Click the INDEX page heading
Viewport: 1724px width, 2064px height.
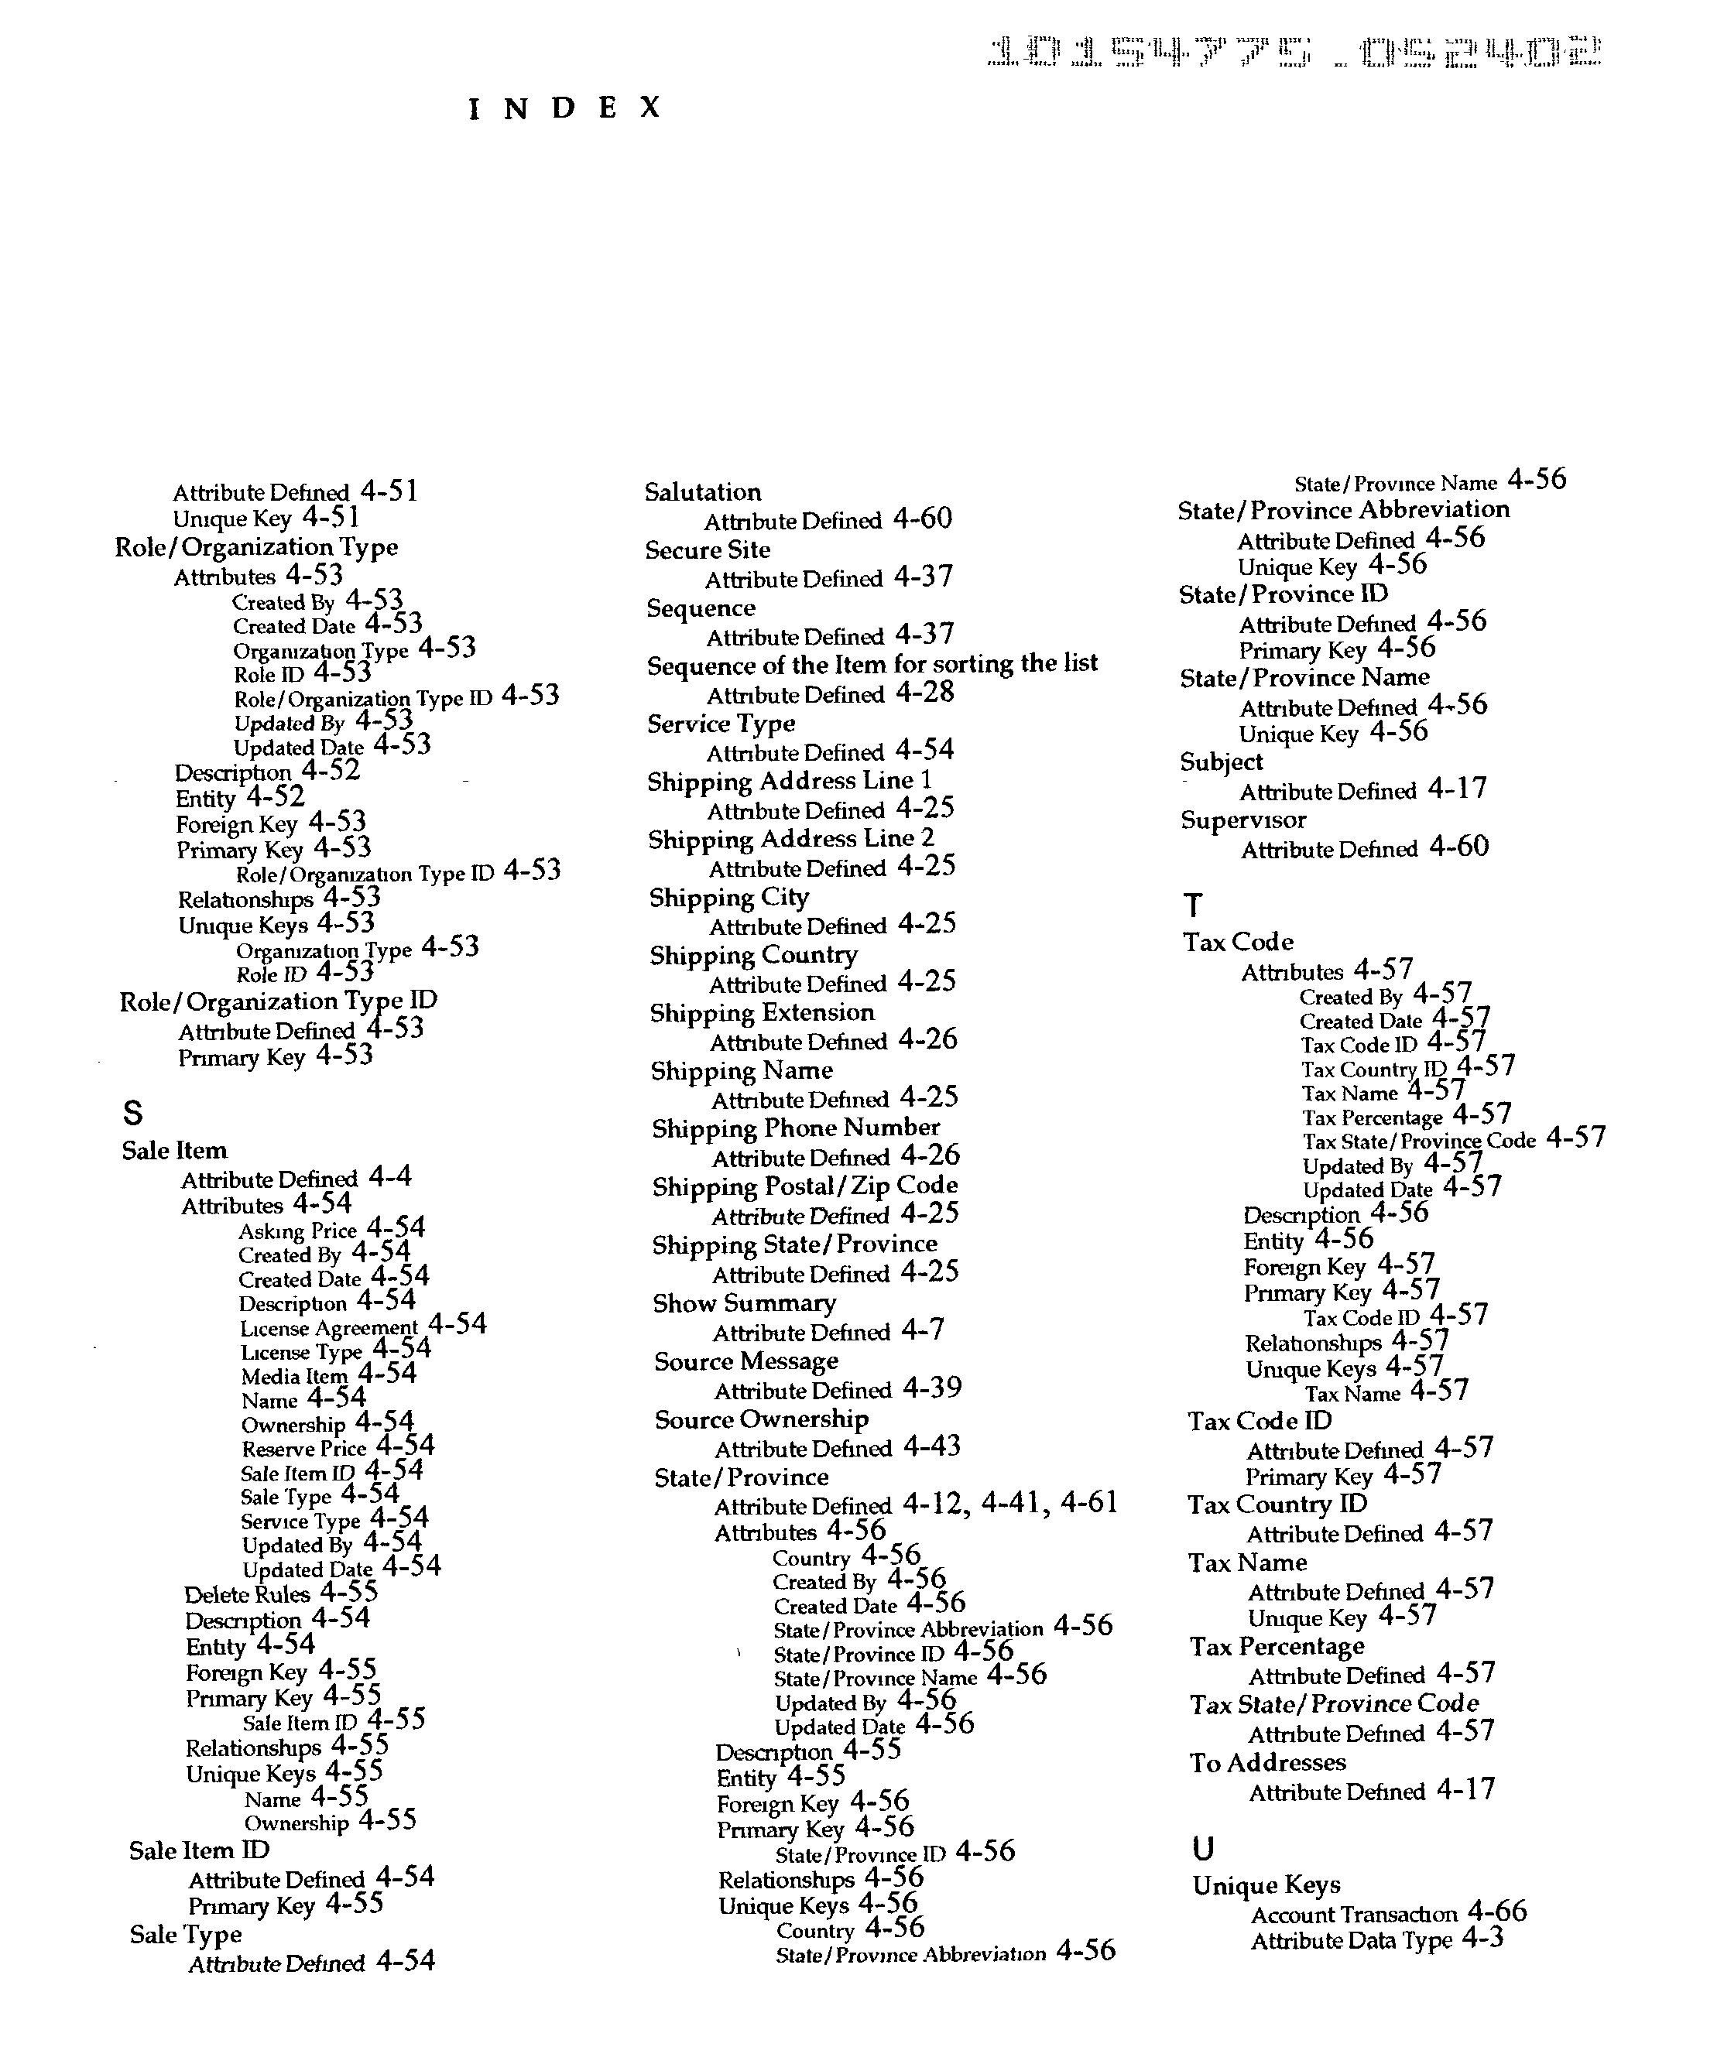(x=564, y=108)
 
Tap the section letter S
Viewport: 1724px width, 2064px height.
(x=132, y=1113)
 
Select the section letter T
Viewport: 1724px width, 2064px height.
(x=1192, y=904)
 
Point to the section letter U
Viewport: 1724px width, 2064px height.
(x=1202, y=1849)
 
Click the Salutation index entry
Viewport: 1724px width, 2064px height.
(x=703, y=492)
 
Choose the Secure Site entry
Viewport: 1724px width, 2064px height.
(x=708, y=550)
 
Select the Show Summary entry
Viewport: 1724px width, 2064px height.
(x=744, y=1303)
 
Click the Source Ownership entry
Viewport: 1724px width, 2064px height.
(x=762, y=1419)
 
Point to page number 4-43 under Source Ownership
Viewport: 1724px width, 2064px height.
(x=931, y=1446)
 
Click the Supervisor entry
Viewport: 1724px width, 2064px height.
(x=1243, y=820)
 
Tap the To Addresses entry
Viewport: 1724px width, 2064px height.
(x=1268, y=1762)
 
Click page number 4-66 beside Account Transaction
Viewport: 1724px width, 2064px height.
(x=1497, y=1912)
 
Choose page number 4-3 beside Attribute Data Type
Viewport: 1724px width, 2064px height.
(x=1482, y=1938)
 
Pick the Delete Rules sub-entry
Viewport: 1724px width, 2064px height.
(x=247, y=1594)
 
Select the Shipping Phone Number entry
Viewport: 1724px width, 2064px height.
(x=795, y=1128)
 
